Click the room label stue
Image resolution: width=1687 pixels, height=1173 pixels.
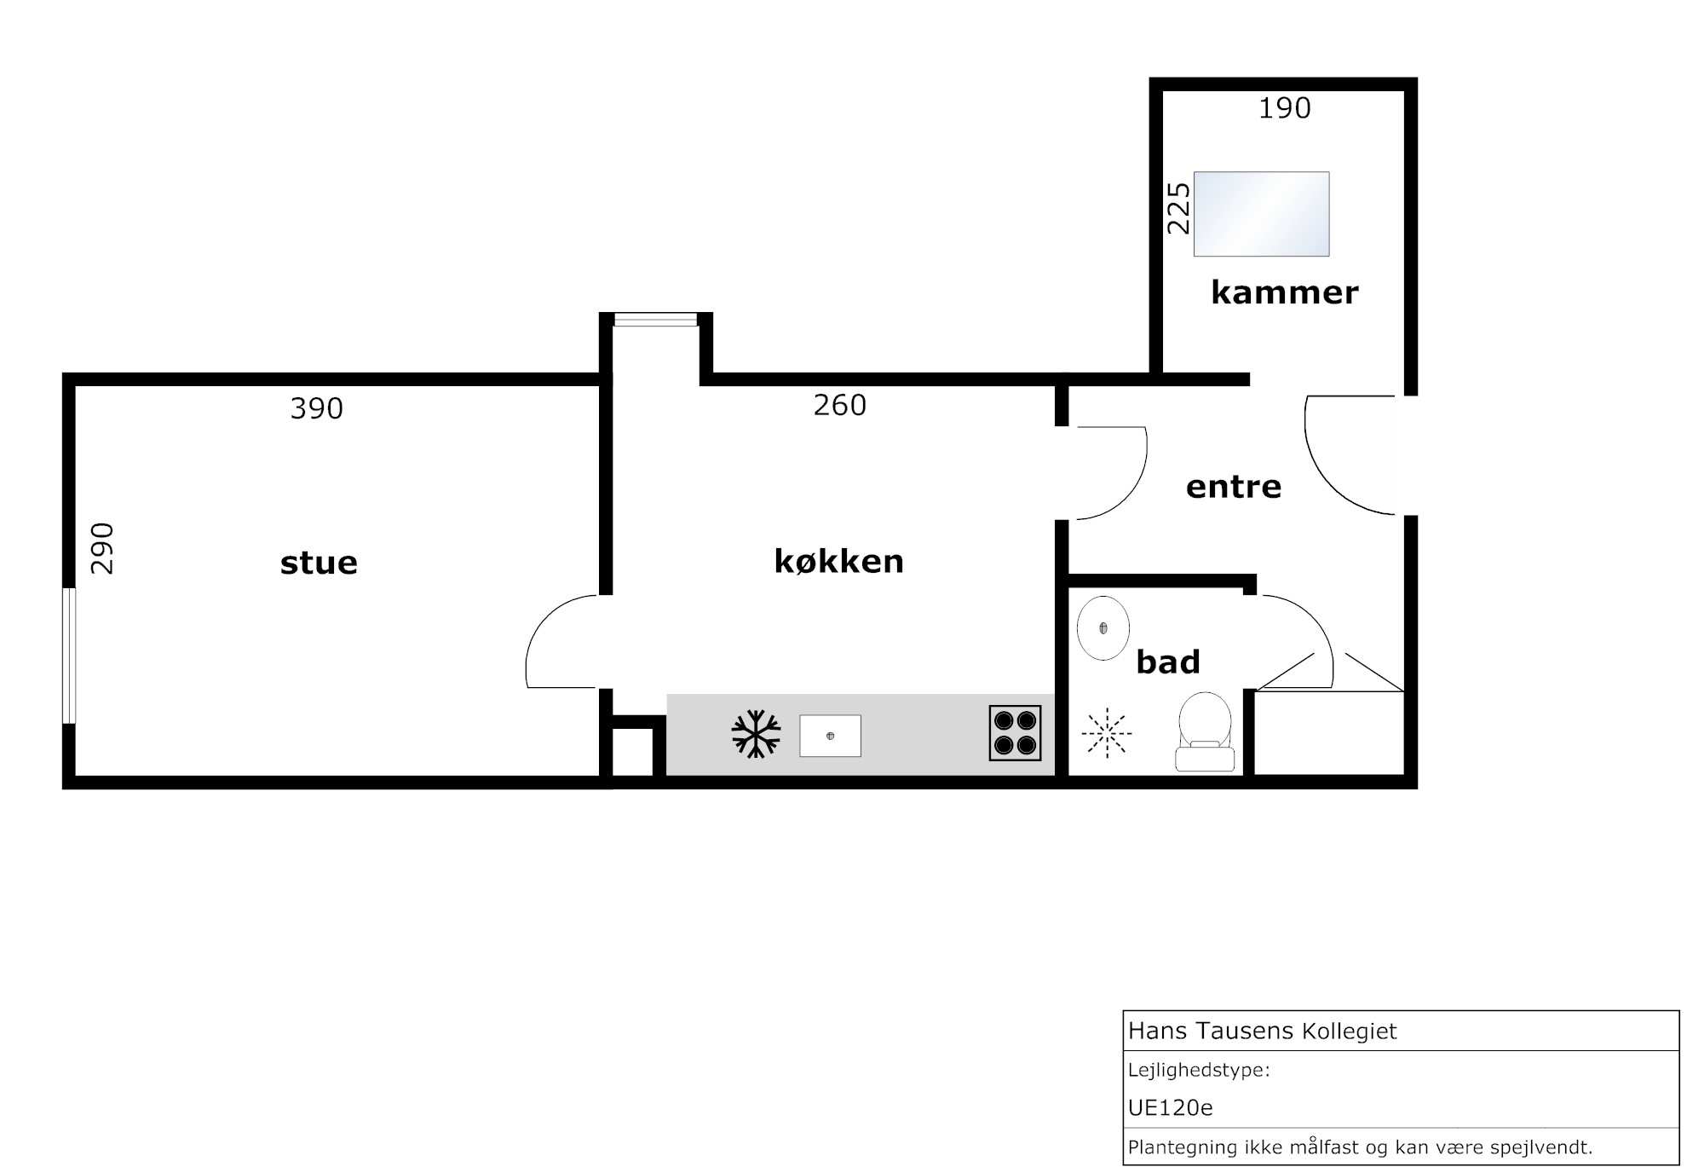click(x=319, y=563)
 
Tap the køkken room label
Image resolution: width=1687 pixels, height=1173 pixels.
click(x=839, y=561)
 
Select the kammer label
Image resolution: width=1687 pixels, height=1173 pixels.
click(x=1284, y=292)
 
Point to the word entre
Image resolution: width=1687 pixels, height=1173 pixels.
click(x=1234, y=487)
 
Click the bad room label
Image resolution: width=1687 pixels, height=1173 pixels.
click(x=1168, y=662)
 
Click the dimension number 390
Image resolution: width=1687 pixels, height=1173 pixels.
click(x=316, y=409)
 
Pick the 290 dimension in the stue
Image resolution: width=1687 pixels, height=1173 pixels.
click(x=102, y=548)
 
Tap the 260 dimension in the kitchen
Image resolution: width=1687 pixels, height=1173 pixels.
click(x=839, y=405)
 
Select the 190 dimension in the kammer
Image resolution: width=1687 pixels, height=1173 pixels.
click(x=1285, y=108)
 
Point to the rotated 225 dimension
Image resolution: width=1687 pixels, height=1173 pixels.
click(x=1178, y=208)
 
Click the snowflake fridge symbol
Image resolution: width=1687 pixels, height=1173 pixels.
click(x=756, y=734)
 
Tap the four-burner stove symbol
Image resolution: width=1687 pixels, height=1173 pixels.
click(x=1015, y=733)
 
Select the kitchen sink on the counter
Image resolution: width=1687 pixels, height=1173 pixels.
click(x=830, y=736)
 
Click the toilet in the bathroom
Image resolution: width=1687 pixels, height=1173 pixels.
click(x=1205, y=731)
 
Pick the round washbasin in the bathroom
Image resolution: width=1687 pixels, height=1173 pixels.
click(x=1103, y=628)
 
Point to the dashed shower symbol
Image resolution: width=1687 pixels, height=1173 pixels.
click(x=1107, y=733)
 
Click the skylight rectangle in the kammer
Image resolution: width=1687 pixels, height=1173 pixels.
click(x=1261, y=214)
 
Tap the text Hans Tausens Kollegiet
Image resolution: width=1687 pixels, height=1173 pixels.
click(x=1263, y=1031)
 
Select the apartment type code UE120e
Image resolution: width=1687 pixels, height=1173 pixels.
click(x=1171, y=1107)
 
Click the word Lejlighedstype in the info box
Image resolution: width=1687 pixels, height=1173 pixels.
click(x=1199, y=1071)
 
